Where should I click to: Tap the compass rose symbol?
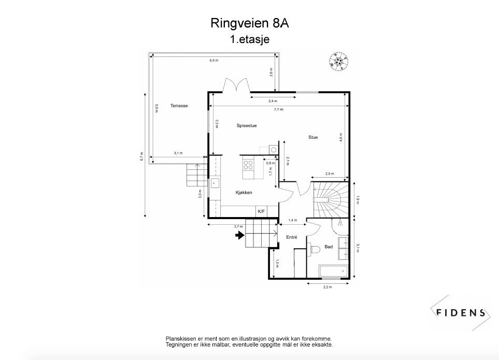click(x=338, y=61)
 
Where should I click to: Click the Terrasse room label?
click(x=179, y=106)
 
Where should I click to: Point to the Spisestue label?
click(x=247, y=125)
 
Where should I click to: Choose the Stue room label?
click(x=313, y=137)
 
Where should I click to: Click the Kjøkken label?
click(x=244, y=192)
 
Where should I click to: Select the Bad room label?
click(x=329, y=247)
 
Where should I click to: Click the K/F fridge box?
click(x=261, y=211)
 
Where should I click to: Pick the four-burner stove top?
click(x=248, y=165)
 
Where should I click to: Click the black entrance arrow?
click(x=239, y=235)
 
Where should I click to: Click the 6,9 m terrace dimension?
click(x=213, y=61)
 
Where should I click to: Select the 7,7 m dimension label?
click(x=278, y=109)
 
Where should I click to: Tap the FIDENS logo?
click(x=460, y=312)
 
